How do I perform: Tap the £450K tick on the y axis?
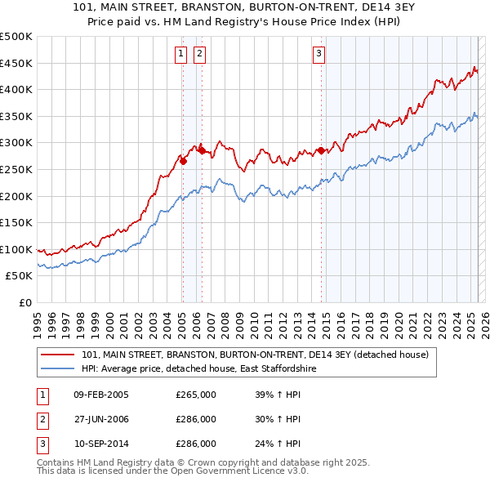[x=16, y=63]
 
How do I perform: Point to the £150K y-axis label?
[x=16, y=222]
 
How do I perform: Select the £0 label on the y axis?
[x=25, y=302]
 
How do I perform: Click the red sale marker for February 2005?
[x=183, y=161]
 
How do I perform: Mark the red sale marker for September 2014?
[x=321, y=150]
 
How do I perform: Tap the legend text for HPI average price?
[x=198, y=369]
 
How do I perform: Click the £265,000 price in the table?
[x=196, y=395]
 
